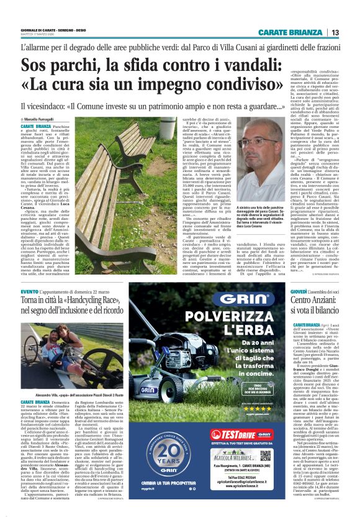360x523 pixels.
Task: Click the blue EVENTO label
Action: (30, 291)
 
